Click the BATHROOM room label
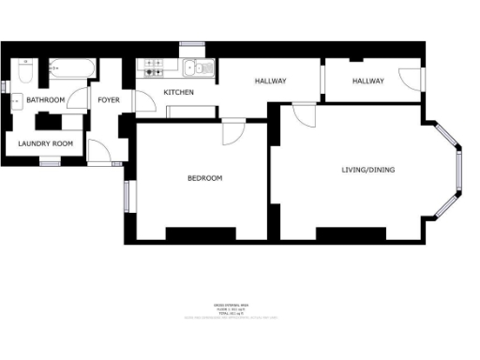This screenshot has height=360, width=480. [45, 99]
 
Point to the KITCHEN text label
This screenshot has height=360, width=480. [179, 93]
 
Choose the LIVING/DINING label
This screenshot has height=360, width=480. [367, 170]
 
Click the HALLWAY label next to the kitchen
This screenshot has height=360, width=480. [270, 82]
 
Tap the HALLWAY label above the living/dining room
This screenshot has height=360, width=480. [368, 82]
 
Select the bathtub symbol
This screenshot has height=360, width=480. [71, 67]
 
